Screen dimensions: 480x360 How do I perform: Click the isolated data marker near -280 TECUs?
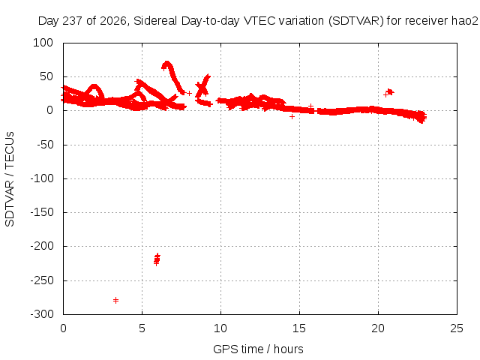coord(115,300)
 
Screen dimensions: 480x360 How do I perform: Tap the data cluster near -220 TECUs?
coord(157,259)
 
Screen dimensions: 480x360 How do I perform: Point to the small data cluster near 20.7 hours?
coord(389,92)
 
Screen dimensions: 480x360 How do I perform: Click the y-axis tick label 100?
coord(43,43)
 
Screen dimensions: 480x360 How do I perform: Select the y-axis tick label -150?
coord(42,212)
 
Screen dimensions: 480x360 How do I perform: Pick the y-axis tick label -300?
coord(42,314)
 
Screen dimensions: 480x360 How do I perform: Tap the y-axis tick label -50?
coord(45,145)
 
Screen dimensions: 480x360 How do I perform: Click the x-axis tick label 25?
coord(457,328)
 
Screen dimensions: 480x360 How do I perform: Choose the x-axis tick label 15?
coord(299,328)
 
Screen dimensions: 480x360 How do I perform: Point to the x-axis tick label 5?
coord(142,328)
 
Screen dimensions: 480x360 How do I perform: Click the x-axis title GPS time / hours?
coord(258,349)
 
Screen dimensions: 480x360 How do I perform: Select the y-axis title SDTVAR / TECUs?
coord(10,179)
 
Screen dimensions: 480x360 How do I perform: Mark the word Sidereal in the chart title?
coord(155,21)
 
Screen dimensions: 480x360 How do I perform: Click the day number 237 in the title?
coord(73,21)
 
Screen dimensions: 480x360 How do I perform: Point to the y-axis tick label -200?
coord(42,246)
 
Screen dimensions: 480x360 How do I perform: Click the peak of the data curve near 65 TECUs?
coord(166,63)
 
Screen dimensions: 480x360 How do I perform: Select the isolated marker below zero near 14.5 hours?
coord(292,117)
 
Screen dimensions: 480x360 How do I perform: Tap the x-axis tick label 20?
coord(378,328)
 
